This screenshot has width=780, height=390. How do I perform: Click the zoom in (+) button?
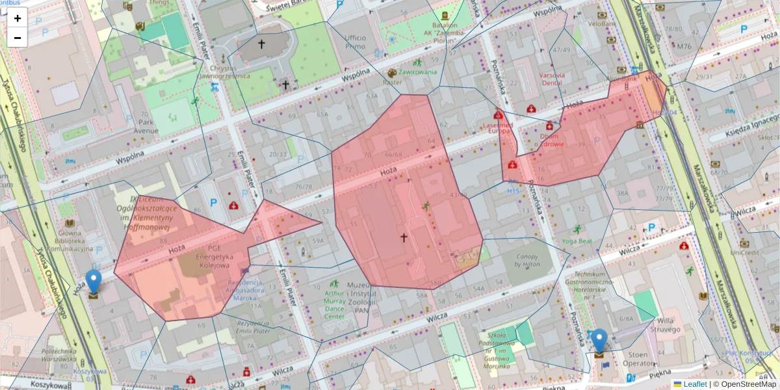coord(18,18)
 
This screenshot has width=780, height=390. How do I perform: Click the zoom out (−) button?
coord(18,37)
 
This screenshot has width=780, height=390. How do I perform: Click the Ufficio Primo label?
coord(356,42)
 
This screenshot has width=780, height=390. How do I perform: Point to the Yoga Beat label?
coord(577,240)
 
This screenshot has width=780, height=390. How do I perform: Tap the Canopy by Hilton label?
coord(527,261)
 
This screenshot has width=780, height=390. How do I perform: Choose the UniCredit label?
coord(745,252)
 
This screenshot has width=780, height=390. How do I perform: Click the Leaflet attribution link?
coord(695,384)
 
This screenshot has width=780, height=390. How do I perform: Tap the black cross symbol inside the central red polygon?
coord(403,238)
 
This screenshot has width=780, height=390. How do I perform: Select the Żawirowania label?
coord(417,72)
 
